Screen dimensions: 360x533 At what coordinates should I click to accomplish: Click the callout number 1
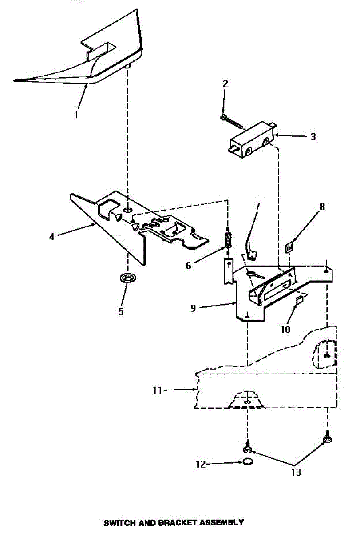point(76,115)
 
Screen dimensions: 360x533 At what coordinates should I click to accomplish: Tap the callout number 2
point(225,84)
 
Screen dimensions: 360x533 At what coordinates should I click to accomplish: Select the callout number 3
point(313,137)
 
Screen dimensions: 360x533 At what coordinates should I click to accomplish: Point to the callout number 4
point(52,236)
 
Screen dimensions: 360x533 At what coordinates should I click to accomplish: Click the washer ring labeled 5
point(128,279)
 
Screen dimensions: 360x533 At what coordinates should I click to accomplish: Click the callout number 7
point(257,206)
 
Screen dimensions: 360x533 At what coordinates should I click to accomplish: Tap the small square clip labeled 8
point(289,247)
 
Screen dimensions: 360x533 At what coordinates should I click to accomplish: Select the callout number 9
point(193,308)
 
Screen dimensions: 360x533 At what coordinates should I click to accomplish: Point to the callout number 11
point(157,390)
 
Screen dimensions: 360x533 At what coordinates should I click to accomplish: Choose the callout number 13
point(296,472)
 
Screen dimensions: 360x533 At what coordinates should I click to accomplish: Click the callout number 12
point(201,465)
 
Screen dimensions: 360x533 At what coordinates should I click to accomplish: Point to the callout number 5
point(121,311)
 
